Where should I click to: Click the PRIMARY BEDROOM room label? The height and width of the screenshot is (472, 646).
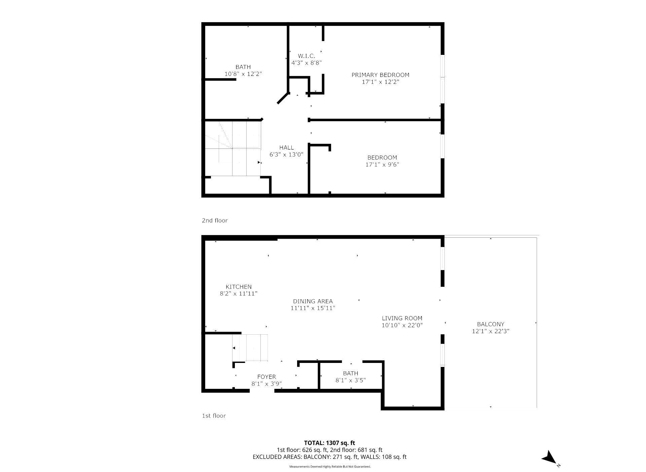coord(380,75)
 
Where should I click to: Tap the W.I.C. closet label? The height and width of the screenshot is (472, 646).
coord(306,56)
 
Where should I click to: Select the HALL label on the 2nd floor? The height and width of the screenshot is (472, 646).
coord(286,147)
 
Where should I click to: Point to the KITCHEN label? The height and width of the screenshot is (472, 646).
coord(239,287)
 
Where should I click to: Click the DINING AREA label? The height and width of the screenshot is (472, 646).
coord(313,301)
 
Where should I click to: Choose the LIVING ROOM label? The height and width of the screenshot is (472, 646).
coord(402,318)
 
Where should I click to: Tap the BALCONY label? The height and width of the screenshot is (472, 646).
coord(491,324)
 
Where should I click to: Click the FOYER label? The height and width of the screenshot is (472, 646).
coord(266,377)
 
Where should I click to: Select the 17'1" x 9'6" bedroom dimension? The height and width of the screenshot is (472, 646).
coord(382,165)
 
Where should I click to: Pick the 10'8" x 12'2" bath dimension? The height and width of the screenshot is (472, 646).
coord(243,74)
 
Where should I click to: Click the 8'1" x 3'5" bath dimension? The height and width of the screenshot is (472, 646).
coord(351,380)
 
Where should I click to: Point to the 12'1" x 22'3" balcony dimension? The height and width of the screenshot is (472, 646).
coord(491,331)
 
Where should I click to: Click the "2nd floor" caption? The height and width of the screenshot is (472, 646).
coord(215,221)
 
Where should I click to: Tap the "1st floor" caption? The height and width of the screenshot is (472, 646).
coord(214,416)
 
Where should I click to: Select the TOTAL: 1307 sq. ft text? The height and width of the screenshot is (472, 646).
coord(329,443)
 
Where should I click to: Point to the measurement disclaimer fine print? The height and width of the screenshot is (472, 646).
coord(330,467)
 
